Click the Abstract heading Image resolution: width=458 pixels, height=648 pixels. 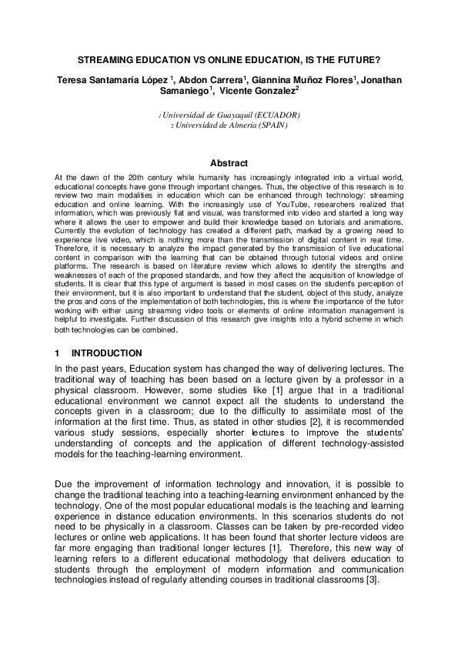pos(229,163)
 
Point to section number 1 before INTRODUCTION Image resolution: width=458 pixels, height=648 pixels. pos(57,353)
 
